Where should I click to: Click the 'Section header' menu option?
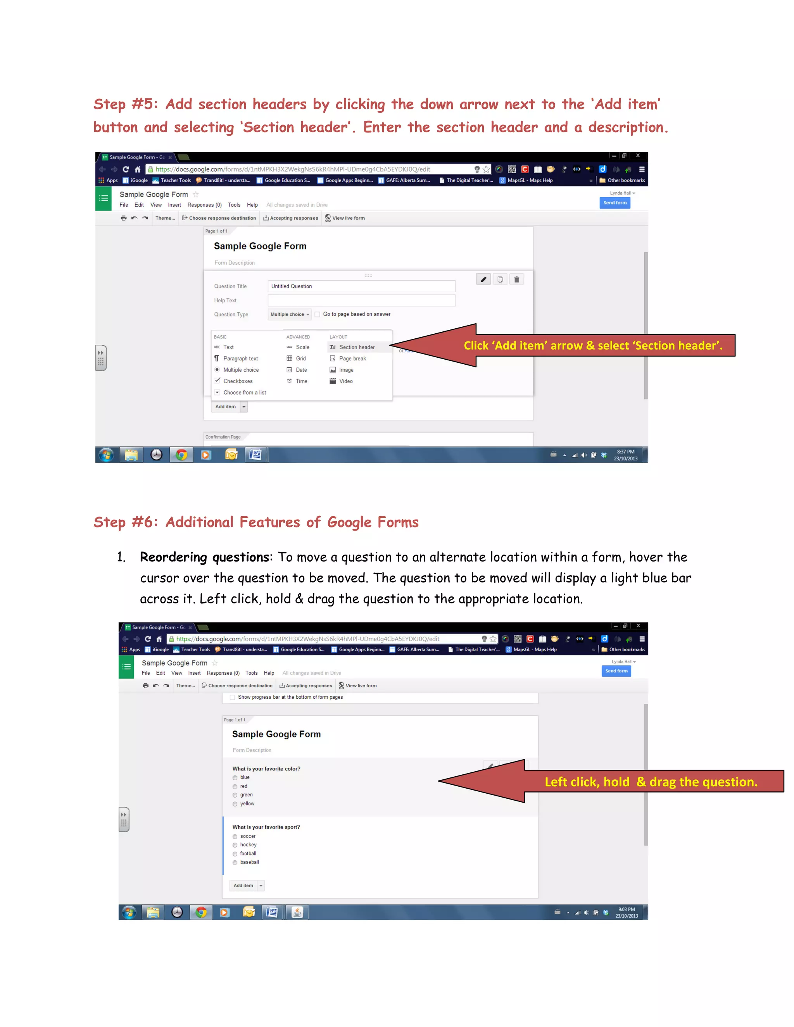(357, 347)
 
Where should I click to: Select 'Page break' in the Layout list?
(352, 358)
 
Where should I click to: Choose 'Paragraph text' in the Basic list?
(240, 358)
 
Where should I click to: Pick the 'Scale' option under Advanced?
(302, 347)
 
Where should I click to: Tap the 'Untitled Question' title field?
(361, 286)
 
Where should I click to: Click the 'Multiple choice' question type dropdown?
(289, 314)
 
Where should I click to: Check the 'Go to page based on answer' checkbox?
(318, 314)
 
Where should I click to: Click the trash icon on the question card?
(516, 279)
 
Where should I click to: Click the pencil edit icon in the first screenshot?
(483, 279)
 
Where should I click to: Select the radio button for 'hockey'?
(235, 845)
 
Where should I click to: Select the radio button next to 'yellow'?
(235, 804)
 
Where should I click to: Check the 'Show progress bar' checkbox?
(232, 697)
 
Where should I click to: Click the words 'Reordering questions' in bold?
(205, 557)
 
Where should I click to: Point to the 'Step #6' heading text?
(255, 522)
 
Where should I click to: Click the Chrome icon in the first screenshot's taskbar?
(181, 455)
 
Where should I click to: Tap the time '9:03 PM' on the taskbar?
(627, 910)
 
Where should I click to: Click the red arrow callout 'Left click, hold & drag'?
(651, 782)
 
